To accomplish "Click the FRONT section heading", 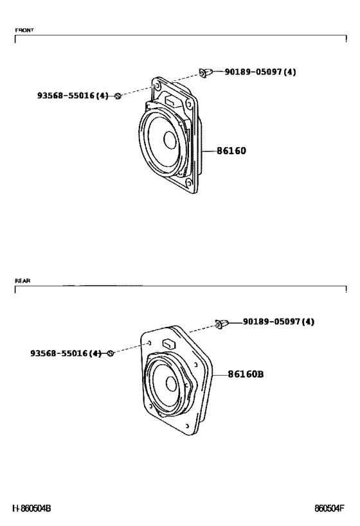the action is [x=24, y=30].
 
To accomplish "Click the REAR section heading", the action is [x=22, y=281].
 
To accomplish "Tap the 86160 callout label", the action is [x=231, y=151].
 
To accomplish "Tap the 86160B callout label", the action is [x=246, y=374].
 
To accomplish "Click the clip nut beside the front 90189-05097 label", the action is [x=206, y=73].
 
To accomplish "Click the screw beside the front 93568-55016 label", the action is [x=118, y=96].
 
